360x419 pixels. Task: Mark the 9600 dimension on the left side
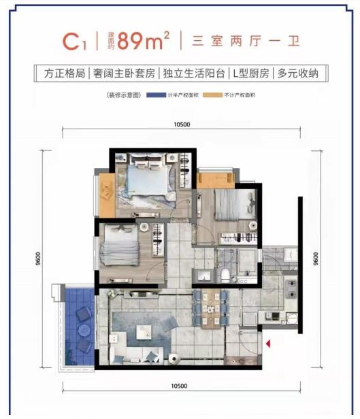[x=39, y=260]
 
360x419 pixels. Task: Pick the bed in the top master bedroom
[x=146, y=180]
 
